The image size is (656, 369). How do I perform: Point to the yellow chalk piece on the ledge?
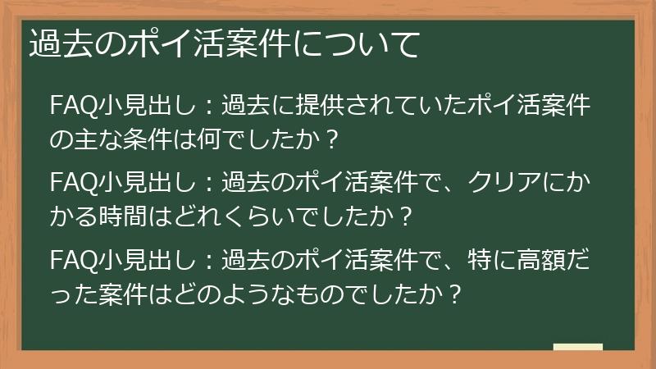pos(577,346)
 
